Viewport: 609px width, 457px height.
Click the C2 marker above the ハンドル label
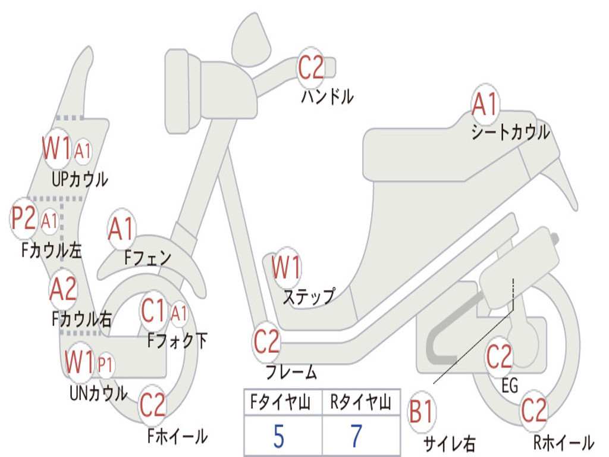(310, 68)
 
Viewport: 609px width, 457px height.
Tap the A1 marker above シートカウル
(485, 104)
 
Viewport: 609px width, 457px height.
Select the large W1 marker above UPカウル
(56, 148)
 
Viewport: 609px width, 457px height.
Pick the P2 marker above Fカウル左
(23, 218)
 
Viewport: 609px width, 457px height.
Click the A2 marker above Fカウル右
(63, 290)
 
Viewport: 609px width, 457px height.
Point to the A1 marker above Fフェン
(121, 229)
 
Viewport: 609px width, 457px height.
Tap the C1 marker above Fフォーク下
(153, 311)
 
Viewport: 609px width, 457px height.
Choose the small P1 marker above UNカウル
(105, 365)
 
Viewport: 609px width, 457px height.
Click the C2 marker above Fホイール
(153, 405)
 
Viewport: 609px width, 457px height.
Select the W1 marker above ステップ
(286, 267)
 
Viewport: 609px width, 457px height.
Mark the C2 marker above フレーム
(266, 342)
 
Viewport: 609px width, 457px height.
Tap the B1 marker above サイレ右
(422, 412)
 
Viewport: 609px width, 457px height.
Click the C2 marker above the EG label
(499, 356)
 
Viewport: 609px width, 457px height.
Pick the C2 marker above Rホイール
(534, 411)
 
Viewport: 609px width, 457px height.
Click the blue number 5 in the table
(279, 436)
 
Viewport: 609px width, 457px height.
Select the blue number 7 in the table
(356, 436)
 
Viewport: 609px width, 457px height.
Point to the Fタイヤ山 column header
(281, 402)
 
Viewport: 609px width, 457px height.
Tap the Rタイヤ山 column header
(361, 402)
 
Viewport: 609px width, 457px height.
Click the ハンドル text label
(328, 96)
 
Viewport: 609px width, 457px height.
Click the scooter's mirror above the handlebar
(251, 40)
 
